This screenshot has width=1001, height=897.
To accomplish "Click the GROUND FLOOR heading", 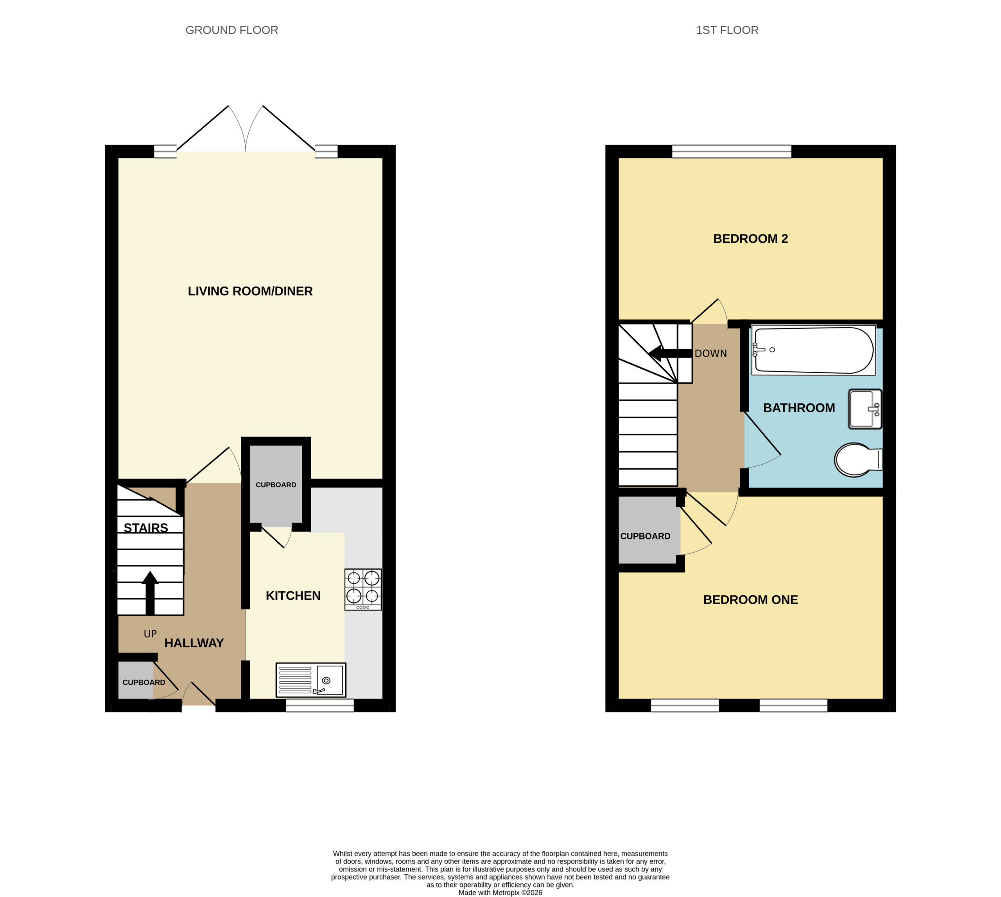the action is [232, 30].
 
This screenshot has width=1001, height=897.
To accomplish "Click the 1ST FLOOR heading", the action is [727, 30].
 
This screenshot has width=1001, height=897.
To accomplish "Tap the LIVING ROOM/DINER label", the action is [250, 291].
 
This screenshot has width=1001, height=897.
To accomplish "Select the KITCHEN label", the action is [293, 596].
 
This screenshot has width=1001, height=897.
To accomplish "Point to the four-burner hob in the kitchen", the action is [363, 589].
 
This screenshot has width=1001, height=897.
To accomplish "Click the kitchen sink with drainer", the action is [310, 680].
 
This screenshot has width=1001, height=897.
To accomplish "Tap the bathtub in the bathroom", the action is [814, 350].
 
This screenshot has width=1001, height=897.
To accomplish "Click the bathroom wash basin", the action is [865, 409].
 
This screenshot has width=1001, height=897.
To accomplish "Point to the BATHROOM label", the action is [799, 408].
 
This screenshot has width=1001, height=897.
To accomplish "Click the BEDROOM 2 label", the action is [750, 239].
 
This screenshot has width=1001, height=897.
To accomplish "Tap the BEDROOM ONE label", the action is [750, 600].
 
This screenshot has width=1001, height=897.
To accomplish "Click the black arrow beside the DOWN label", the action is [670, 353].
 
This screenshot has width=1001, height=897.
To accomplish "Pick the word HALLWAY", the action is [194, 643].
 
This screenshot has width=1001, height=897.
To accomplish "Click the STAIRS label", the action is [146, 528].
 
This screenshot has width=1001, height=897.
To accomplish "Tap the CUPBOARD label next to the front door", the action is [144, 682].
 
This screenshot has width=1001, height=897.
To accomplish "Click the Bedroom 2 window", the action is [732, 151].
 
